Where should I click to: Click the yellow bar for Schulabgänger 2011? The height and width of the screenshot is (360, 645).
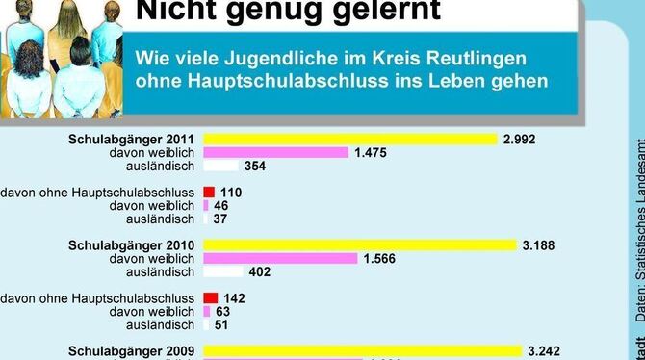tap(350, 139)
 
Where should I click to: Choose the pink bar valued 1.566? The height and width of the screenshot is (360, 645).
tap(279, 258)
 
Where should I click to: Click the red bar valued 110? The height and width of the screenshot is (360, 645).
tap(209, 193)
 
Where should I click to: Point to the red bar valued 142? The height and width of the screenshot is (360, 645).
tap(211, 298)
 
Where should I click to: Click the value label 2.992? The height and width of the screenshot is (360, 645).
tap(518, 139)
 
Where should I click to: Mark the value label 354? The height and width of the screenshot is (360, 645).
tap(255, 166)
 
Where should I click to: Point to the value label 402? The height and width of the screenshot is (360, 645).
tap(260, 271)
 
